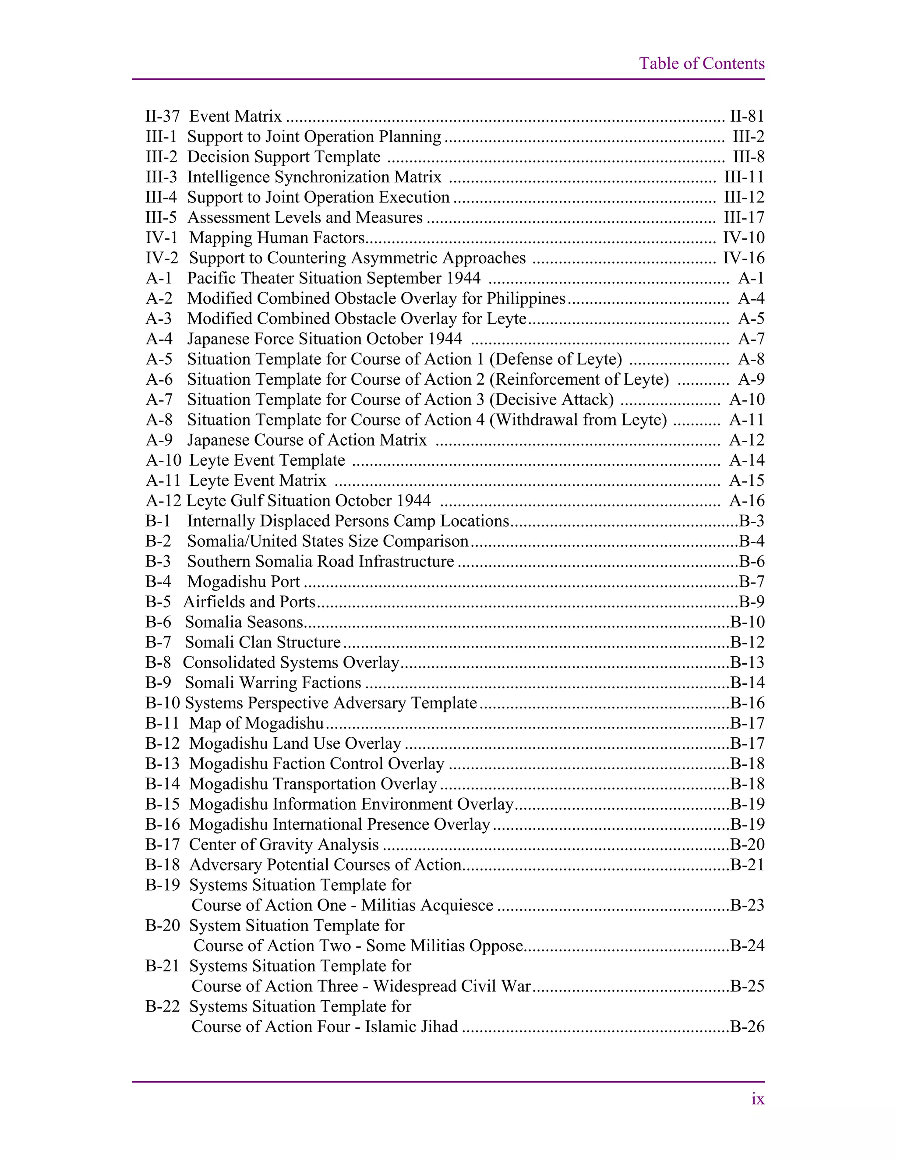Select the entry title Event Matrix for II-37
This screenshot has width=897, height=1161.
click(235, 117)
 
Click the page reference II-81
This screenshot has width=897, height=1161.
click(747, 117)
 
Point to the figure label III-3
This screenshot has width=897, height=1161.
click(161, 177)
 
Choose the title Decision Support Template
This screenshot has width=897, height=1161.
click(284, 157)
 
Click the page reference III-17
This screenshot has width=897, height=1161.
click(744, 217)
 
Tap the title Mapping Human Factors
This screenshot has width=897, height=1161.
click(277, 237)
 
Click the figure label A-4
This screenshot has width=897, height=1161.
click(159, 339)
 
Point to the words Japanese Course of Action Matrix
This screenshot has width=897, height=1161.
click(307, 440)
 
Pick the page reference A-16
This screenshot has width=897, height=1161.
click(747, 501)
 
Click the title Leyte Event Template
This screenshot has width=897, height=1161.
click(267, 460)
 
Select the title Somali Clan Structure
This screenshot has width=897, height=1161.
click(262, 642)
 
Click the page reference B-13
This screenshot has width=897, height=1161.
click(747, 662)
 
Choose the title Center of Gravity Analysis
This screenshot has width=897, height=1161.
click(284, 845)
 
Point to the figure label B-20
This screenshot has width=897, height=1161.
click(162, 925)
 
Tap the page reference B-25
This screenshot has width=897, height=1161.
click(747, 986)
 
